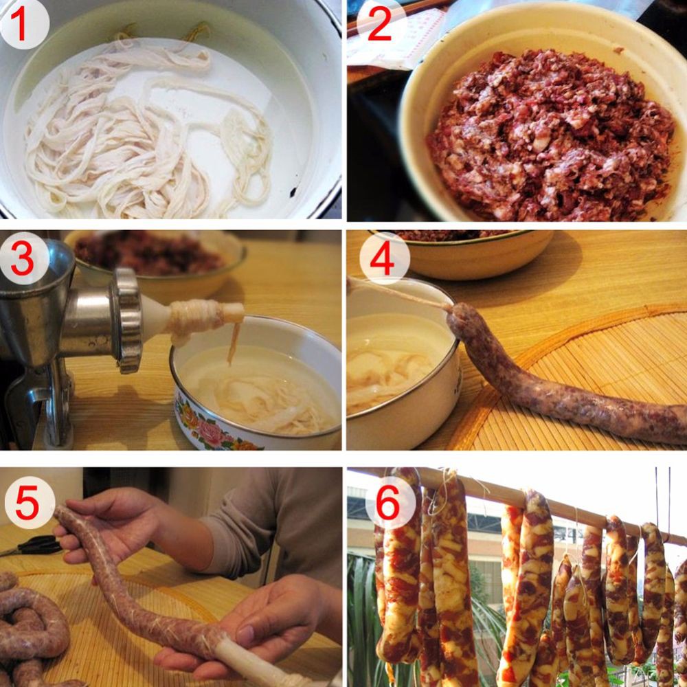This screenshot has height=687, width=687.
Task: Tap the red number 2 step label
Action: click(x=379, y=25)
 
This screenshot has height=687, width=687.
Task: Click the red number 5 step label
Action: click(x=27, y=503)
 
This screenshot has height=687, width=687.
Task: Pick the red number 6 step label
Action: click(x=388, y=503)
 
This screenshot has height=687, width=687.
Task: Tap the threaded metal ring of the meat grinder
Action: click(x=126, y=320)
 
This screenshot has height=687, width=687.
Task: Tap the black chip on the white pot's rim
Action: click(x=293, y=191)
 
